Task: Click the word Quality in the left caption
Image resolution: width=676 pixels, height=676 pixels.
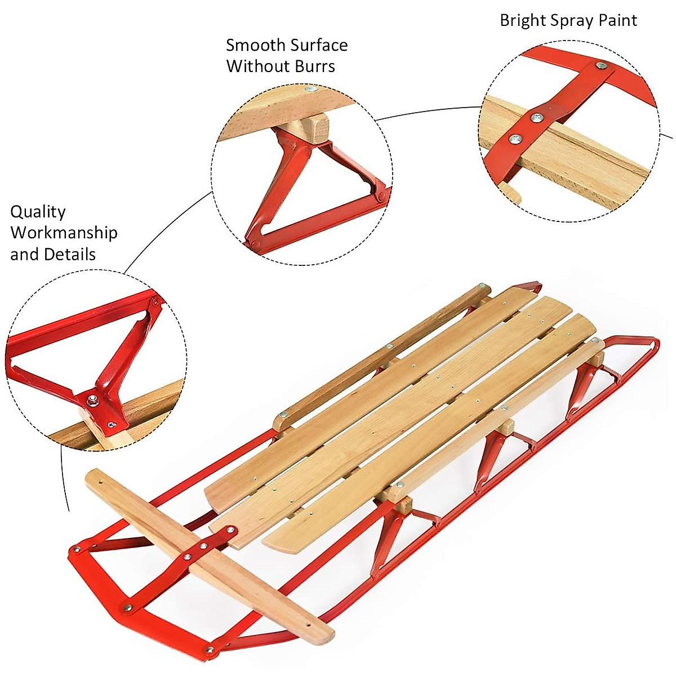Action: click(38, 212)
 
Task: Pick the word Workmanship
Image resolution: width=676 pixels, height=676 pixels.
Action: click(64, 233)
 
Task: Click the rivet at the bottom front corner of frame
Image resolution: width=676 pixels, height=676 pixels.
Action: click(210, 651)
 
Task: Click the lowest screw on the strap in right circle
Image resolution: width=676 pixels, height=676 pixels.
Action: click(513, 138)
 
